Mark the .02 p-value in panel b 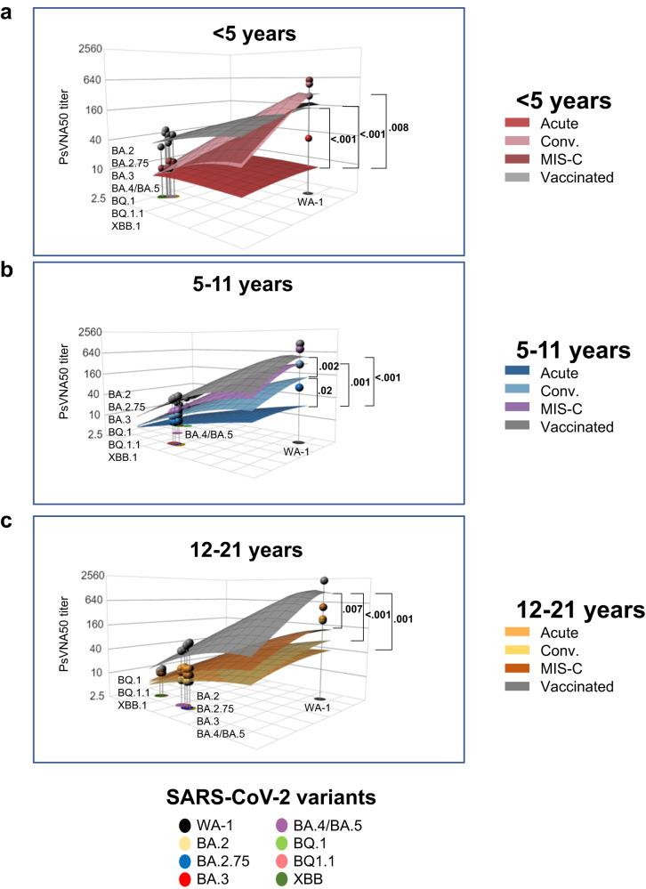pyautogui.click(x=327, y=390)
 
